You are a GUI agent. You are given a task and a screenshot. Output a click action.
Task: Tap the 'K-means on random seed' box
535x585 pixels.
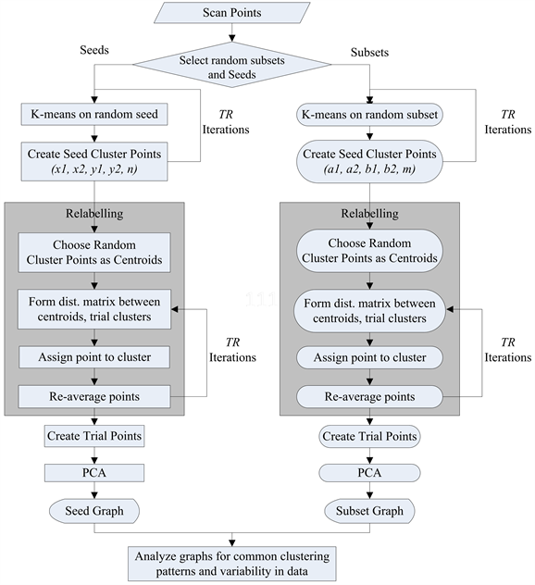93,115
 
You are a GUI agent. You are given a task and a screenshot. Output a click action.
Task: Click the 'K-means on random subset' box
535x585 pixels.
369,115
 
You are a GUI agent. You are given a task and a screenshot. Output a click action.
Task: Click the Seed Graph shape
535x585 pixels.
93,510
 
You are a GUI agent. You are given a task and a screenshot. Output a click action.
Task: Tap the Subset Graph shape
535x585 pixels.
369,510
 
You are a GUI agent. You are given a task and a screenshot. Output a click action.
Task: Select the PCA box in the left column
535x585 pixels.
93,473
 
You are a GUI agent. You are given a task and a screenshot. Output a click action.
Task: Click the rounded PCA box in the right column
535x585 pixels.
369,473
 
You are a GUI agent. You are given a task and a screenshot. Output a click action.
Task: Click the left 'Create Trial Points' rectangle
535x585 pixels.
93,435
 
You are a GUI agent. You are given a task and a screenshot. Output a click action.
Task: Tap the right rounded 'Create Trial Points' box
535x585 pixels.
369,435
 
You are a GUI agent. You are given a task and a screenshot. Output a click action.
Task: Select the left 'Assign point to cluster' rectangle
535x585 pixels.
93,357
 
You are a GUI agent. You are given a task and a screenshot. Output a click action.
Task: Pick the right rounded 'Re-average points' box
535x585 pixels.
369,396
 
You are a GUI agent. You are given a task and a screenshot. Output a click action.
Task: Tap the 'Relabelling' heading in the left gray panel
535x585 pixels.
93,213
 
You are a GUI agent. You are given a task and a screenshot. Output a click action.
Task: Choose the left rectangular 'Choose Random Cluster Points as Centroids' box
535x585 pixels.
93,252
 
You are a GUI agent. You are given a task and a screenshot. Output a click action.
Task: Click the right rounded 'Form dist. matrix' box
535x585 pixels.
369,310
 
